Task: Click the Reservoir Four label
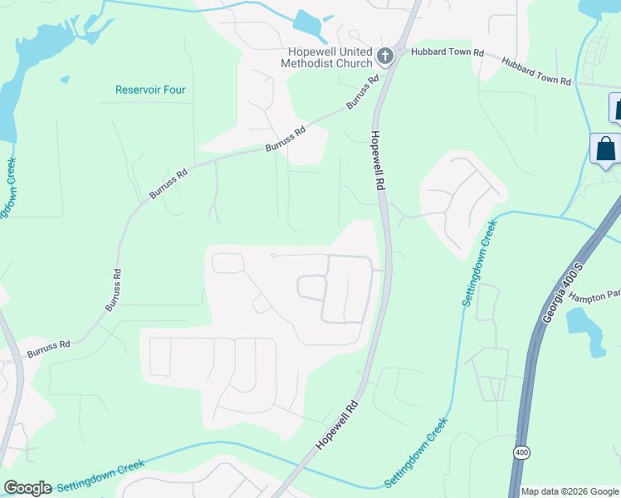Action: point(150,90)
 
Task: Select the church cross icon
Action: point(384,56)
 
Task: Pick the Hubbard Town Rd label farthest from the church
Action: point(537,71)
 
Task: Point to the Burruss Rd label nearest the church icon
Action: point(363,93)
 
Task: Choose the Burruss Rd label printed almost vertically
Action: point(113,290)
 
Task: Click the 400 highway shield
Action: point(521,452)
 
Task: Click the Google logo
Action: point(27,488)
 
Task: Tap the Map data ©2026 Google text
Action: point(570,491)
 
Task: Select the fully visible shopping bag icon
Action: point(606,150)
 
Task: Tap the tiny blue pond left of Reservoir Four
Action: point(64,80)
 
